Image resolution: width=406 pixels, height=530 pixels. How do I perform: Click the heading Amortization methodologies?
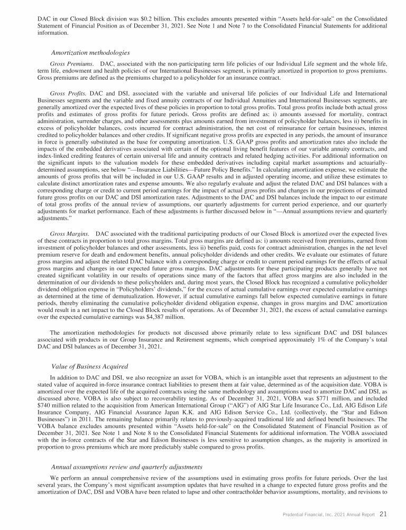tap(90, 53)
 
